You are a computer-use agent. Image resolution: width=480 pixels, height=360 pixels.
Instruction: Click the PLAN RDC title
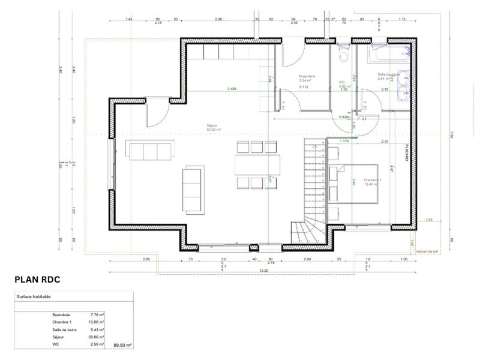tap(37, 280)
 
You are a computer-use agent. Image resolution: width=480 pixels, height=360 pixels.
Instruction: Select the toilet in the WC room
tap(343, 55)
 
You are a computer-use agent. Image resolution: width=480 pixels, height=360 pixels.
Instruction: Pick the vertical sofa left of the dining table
tap(193, 190)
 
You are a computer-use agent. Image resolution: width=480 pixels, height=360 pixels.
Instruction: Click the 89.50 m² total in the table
tap(122, 346)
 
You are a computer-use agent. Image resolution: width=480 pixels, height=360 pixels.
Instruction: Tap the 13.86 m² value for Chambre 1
tap(97, 322)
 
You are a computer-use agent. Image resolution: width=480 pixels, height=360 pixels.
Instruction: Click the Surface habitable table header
tap(34, 297)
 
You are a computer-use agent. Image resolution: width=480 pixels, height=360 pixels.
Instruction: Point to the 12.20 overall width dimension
tap(264, 271)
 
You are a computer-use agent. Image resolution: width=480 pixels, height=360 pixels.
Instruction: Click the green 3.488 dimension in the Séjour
tap(232, 89)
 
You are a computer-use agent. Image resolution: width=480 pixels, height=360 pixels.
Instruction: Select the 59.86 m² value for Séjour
tap(97, 338)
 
